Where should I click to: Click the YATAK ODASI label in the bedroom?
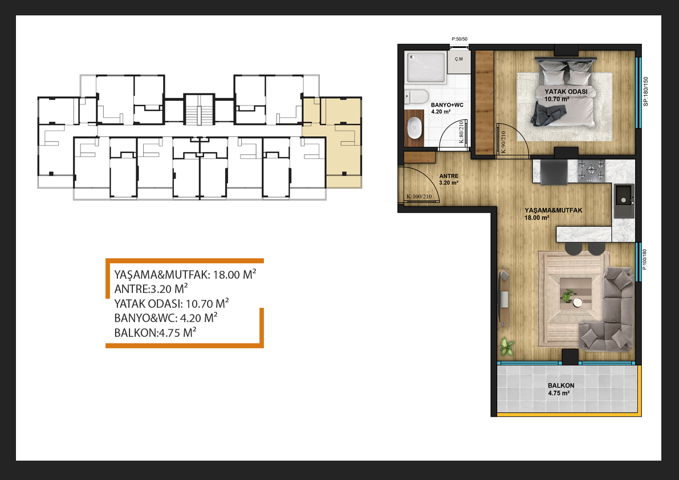[566, 92]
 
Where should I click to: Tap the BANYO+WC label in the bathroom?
[447, 105]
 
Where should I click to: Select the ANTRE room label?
[449, 176]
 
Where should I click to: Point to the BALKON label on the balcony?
[561, 385]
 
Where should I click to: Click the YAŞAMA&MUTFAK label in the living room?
[554, 210]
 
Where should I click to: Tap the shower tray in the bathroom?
[426, 68]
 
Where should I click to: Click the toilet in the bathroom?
[416, 96]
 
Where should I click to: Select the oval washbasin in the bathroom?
[415, 128]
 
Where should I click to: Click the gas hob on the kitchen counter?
[592, 170]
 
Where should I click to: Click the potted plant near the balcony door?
[506, 346]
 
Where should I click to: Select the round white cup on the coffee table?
[578, 302]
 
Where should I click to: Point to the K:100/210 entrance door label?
[419, 197]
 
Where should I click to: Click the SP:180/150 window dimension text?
[646, 92]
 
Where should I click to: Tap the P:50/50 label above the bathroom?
[460, 39]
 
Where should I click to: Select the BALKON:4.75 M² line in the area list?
[155, 333]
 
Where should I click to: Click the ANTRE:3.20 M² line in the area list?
[151, 288]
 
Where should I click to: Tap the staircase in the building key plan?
[199, 111]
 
